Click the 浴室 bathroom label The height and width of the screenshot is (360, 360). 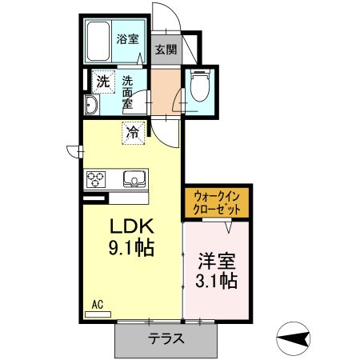126,38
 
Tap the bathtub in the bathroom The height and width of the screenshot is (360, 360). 99,41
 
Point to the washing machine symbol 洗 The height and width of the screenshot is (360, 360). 102,80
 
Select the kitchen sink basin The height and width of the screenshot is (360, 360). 133,178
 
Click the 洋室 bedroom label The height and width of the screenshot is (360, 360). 216,259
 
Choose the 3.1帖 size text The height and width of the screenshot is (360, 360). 216,281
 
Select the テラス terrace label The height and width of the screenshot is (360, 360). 167,338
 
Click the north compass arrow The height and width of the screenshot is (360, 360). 297,339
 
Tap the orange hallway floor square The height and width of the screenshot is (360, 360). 166,90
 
